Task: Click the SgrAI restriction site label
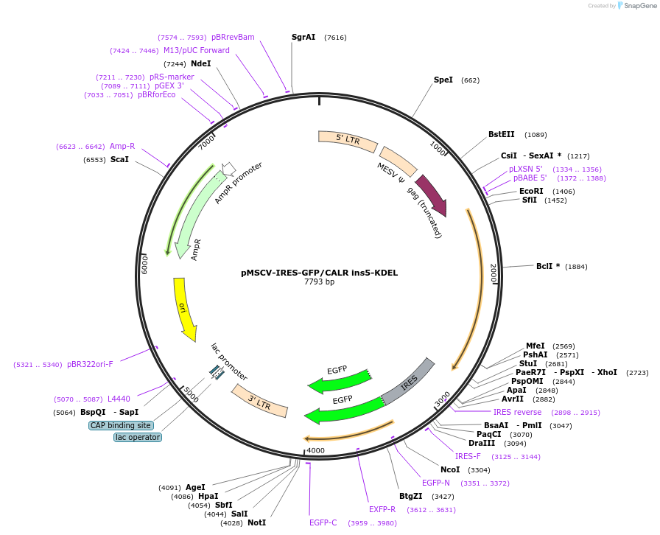[x=303, y=37]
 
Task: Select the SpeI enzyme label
[x=443, y=80]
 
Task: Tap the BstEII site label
[x=502, y=135]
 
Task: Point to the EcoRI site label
[x=531, y=191]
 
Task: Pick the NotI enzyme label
[x=256, y=522]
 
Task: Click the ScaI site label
[x=119, y=159]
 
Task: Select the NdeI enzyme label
[x=201, y=64]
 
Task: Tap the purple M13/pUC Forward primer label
[x=197, y=50]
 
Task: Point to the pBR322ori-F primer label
[x=90, y=364]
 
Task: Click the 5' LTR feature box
[x=348, y=141]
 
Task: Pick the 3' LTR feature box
[x=259, y=400]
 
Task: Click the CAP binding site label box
[x=121, y=425]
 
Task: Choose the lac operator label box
[x=138, y=437]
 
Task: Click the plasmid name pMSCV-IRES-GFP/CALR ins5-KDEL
[x=319, y=273]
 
